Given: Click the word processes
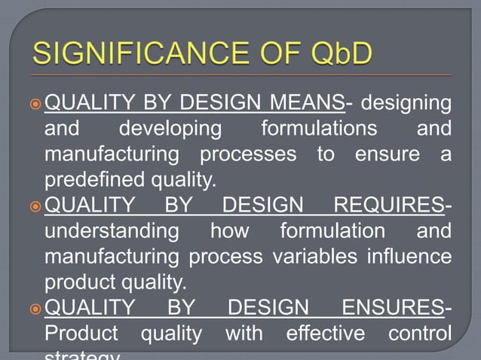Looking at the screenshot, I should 253,154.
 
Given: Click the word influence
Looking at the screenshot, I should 409,257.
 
